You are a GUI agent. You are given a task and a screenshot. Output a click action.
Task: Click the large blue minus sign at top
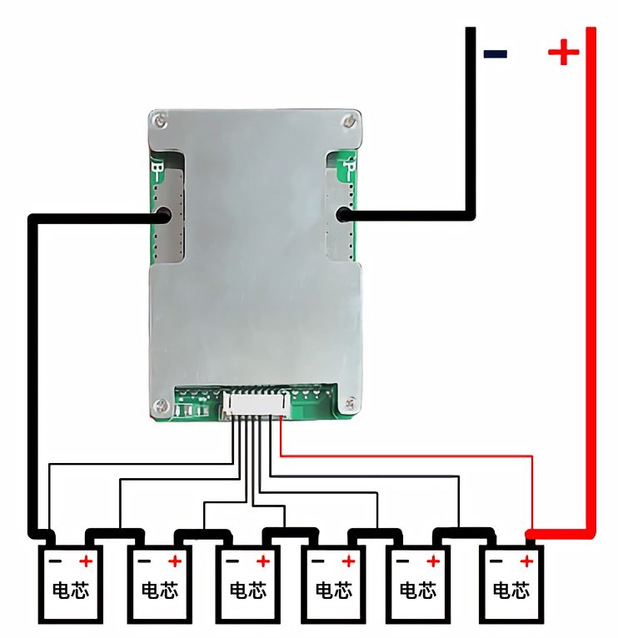pyautogui.click(x=496, y=54)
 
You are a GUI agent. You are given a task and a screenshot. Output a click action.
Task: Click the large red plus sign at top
pyautogui.click(x=563, y=54)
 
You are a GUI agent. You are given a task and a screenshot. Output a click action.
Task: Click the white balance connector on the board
pyautogui.click(x=254, y=405)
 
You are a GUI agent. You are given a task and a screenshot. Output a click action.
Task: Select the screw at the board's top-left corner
pyautogui.click(x=162, y=122)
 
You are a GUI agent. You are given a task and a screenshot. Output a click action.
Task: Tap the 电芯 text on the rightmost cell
pyautogui.click(x=511, y=591)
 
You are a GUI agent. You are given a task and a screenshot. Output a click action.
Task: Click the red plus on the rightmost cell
pyautogui.click(x=526, y=561)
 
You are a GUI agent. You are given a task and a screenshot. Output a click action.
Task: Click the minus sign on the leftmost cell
pyautogui.click(x=54, y=561)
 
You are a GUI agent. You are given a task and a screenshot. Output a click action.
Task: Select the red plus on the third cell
pyautogui.click(x=262, y=561)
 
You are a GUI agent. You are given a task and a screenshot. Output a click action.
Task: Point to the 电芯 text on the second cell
pyautogui.click(x=159, y=591)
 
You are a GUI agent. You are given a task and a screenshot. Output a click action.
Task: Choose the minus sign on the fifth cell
pyautogui.click(x=402, y=561)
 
